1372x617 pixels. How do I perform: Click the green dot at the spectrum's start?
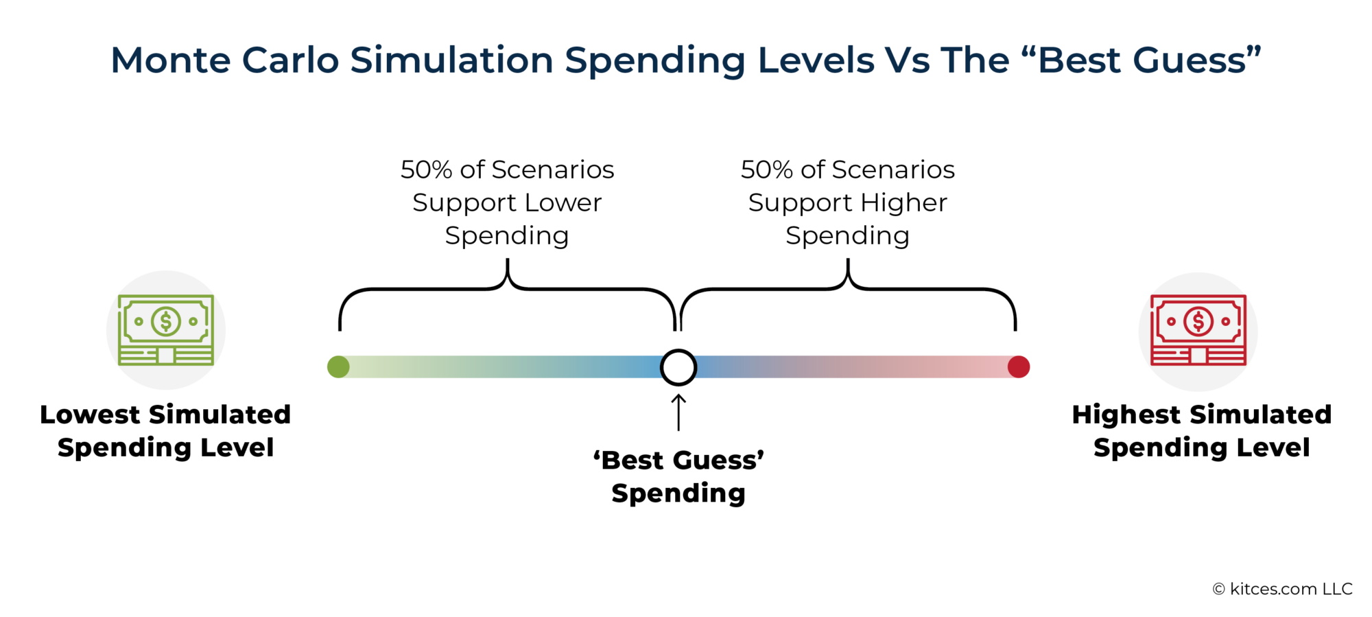[338, 367]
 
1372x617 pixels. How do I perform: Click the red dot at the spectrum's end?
[1019, 367]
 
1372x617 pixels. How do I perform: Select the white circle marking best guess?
[678, 367]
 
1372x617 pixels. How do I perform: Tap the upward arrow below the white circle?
[678, 412]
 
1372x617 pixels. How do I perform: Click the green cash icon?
[166, 330]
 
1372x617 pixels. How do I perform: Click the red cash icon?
[1198, 330]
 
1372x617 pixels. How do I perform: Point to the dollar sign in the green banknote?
[166, 321]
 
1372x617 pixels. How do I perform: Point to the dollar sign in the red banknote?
[1198, 321]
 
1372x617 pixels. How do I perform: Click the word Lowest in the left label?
[90, 415]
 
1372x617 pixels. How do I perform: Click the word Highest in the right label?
[1126, 415]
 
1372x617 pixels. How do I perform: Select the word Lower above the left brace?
[563, 202]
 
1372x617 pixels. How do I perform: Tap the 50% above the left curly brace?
[426, 170]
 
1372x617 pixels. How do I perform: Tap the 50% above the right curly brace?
[766, 170]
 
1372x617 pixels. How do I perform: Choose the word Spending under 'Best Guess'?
[678, 493]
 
